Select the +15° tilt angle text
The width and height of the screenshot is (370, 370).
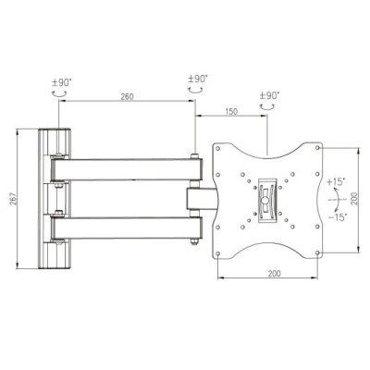[334, 181]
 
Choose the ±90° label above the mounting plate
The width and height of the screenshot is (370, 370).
[269, 96]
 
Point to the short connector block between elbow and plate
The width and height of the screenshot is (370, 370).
[200, 198]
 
